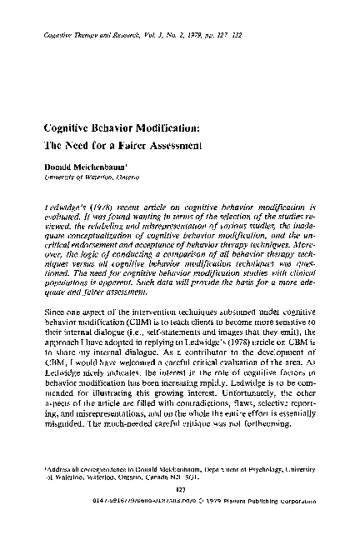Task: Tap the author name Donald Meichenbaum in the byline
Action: (87, 167)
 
